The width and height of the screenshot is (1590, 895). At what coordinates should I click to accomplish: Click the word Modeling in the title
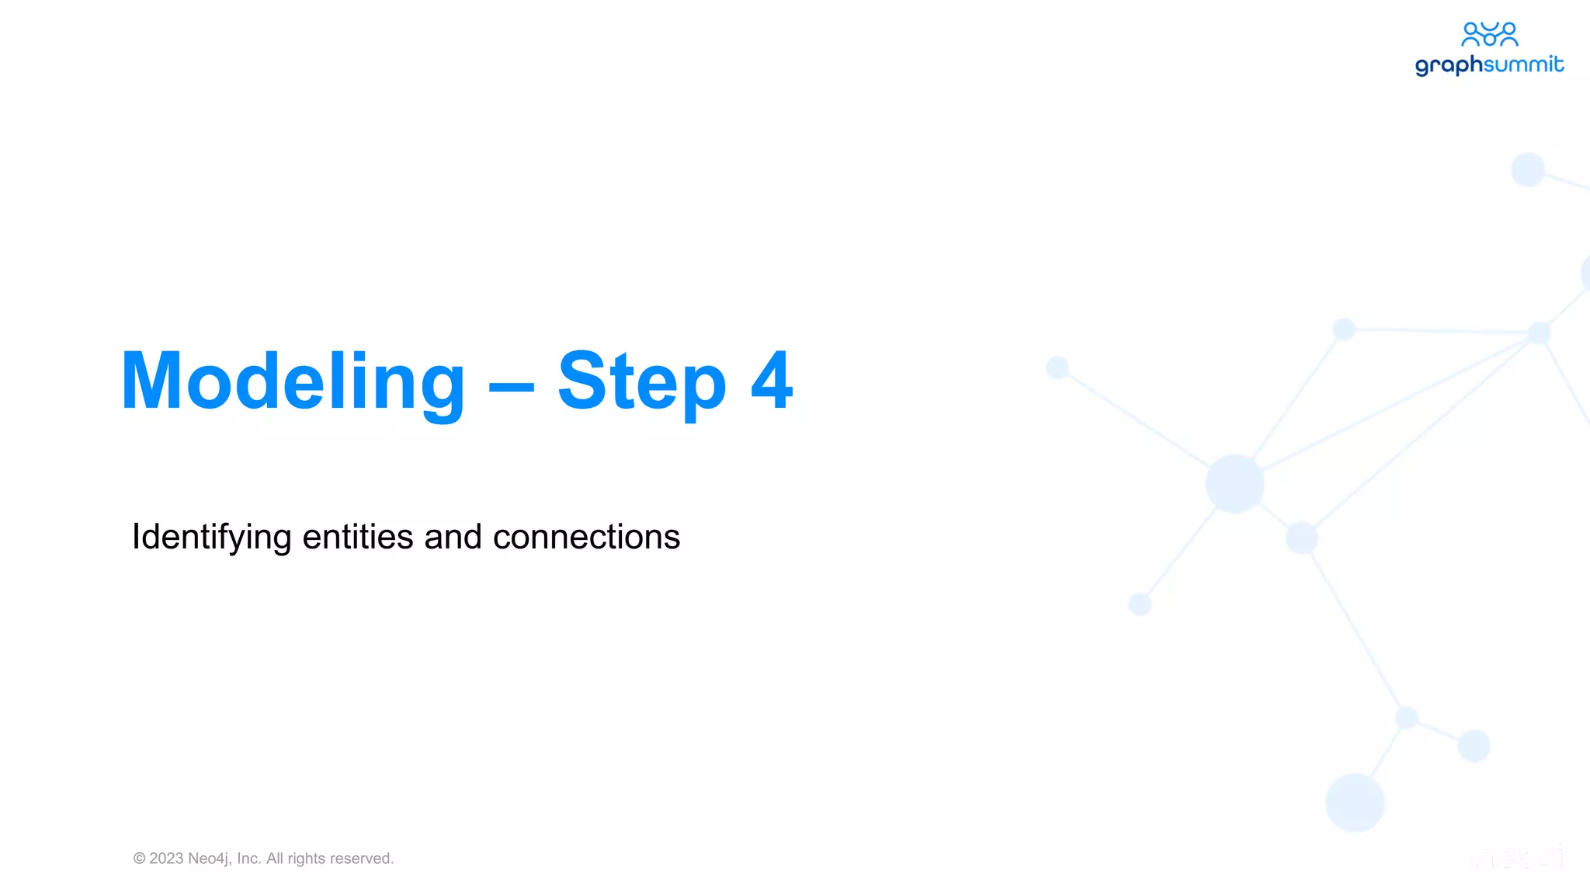pos(293,381)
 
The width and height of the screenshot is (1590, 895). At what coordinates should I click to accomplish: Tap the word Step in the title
pos(641,381)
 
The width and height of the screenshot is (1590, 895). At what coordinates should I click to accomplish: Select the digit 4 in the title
pos(772,381)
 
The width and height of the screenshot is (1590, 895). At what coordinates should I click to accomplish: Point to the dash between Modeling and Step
pos(511,385)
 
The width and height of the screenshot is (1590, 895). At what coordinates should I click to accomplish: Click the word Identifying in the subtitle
pos(211,538)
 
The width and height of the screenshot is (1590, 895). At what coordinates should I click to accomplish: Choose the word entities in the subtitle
pos(357,537)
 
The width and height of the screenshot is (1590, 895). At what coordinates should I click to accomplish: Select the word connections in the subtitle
pos(586,537)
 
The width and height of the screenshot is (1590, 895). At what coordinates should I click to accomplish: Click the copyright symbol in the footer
pos(140,858)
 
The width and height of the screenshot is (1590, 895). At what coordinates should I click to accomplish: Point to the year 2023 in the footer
pos(166,858)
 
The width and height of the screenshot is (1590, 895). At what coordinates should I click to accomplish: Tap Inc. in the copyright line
pos(249,858)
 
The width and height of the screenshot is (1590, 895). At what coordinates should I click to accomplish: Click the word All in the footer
pos(275,858)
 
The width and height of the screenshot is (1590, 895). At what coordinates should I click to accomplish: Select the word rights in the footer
pos(307,858)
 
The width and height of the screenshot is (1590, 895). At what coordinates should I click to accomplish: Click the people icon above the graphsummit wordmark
pos(1489,34)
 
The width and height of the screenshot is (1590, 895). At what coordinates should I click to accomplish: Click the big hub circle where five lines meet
pos(1234,484)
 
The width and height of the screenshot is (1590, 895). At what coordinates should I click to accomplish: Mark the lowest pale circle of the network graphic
pos(1355,803)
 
